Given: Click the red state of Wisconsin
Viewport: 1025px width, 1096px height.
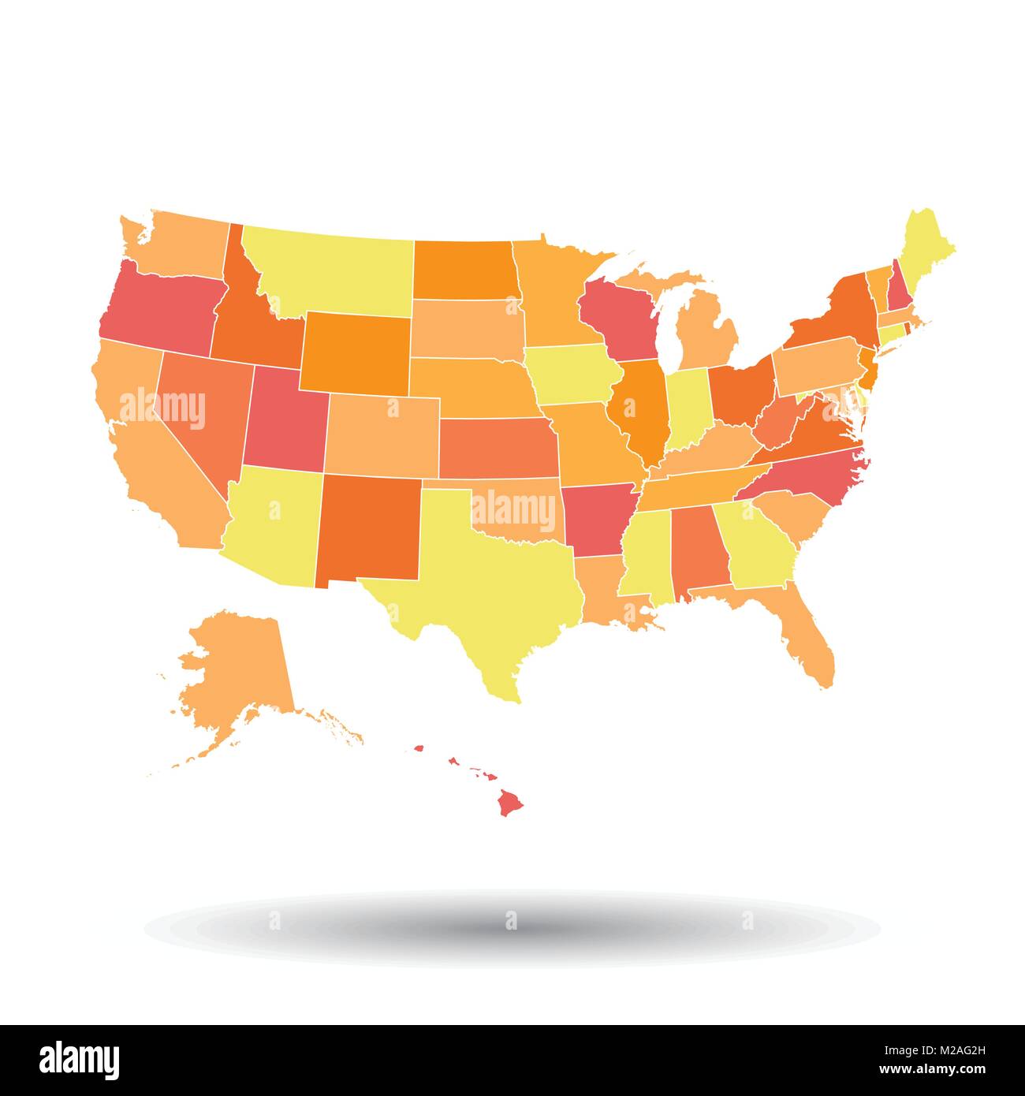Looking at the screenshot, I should [623, 315].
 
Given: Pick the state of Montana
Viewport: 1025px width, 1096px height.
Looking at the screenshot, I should [331, 268].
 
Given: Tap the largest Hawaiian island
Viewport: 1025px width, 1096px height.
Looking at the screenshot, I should [511, 803].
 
